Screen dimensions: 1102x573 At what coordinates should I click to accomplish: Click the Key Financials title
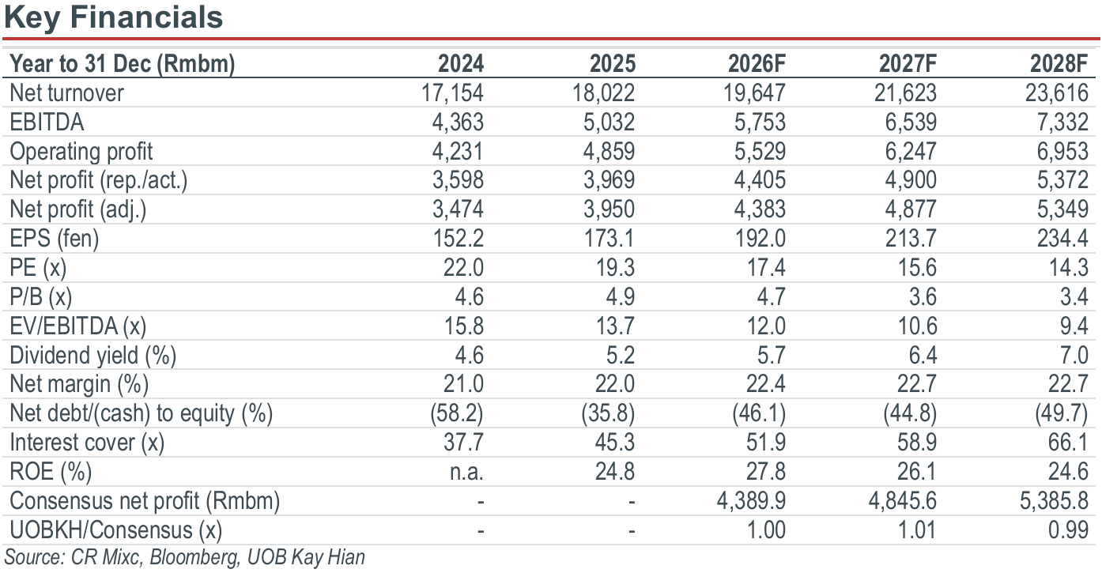click(x=113, y=17)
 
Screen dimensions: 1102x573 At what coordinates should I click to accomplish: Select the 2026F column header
click(x=757, y=64)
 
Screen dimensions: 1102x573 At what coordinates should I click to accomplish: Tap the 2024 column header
click(x=461, y=64)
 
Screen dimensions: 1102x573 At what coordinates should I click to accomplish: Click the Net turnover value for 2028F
click(x=1056, y=93)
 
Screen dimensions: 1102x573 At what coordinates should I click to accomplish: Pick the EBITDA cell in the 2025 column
click(x=609, y=122)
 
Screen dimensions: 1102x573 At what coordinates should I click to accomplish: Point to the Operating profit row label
click(x=81, y=152)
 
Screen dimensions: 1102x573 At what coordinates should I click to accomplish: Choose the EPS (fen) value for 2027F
click(x=911, y=239)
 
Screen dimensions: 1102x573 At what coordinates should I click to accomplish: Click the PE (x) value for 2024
click(x=463, y=268)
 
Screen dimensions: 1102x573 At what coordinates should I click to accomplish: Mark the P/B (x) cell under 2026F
click(x=772, y=296)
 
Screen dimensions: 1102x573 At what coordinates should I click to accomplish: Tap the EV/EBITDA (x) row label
click(x=77, y=326)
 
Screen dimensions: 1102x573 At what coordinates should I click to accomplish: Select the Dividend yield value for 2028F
click(x=1074, y=355)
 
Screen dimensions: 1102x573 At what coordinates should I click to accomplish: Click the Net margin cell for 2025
click(x=614, y=383)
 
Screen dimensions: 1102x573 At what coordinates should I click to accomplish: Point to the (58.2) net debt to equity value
click(x=457, y=413)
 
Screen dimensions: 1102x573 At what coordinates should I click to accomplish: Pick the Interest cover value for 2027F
click(x=916, y=442)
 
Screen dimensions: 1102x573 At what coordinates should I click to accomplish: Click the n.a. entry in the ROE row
click(x=467, y=472)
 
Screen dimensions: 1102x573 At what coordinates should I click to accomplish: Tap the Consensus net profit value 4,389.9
click(x=751, y=501)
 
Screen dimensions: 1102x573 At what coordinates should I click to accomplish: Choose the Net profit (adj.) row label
click(x=77, y=209)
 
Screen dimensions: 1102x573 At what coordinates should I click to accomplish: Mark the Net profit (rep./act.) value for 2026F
click(x=760, y=180)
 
